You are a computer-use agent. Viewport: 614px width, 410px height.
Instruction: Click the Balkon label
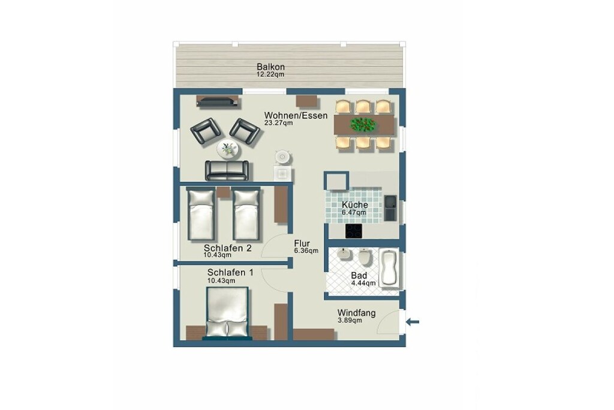(x=270, y=67)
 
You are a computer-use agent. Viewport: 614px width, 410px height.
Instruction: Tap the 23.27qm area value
(x=278, y=122)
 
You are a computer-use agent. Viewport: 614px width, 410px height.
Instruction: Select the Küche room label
(x=355, y=205)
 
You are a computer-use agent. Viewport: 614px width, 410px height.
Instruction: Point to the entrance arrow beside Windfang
(x=413, y=322)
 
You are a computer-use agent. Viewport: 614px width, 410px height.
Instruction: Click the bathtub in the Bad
(x=389, y=268)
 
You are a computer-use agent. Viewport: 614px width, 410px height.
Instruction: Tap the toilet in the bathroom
(x=365, y=257)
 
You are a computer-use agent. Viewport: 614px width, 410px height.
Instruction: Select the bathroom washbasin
(x=344, y=254)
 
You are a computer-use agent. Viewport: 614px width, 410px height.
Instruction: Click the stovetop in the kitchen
(x=354, y=231)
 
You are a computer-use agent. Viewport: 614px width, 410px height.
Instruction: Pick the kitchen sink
(x=390, y=208)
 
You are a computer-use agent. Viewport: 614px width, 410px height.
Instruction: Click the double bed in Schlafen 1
(x=227, y=312)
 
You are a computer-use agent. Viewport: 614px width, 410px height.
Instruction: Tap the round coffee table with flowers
(x=228, y=149)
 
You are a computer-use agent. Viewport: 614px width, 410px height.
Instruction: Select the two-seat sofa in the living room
(x=227, y=170)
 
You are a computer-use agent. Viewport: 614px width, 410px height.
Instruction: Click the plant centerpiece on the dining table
(x=363, y=125)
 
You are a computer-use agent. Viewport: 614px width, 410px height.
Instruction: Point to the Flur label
(x=302, y=243)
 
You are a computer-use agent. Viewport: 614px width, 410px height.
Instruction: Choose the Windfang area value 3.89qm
(x=350, y=320)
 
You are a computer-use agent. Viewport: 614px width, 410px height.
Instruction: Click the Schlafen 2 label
(x=227, y=248)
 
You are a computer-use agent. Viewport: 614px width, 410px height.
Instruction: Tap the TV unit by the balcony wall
(x=218, y=101)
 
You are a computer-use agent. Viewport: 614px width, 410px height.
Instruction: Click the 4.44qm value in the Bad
(x=363, y=283)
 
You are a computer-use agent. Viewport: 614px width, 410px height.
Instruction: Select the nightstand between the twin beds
(x=223, y=192)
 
